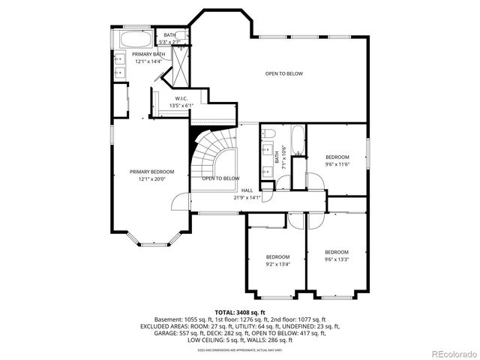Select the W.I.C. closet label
tap(181, 98)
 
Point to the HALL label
tap(247, 190)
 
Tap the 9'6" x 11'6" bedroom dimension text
tap(337, 163)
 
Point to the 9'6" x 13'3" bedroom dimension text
tap(337, 259)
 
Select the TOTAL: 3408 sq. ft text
tap(240, 312)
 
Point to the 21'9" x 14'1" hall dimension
tap(247, 197)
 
